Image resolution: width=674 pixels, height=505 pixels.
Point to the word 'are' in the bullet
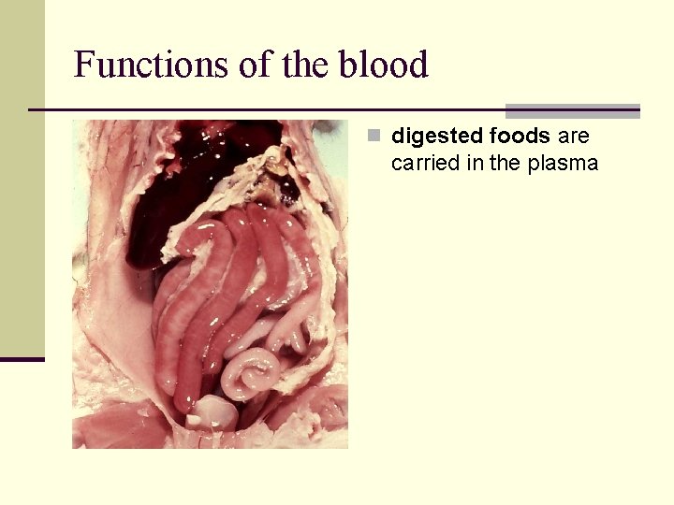click(573, 137)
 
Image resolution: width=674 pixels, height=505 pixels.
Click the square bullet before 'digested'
click(374, 137)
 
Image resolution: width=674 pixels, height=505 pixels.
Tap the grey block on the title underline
click(572, 110)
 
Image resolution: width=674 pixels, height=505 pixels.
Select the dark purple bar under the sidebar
click(22, 359)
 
